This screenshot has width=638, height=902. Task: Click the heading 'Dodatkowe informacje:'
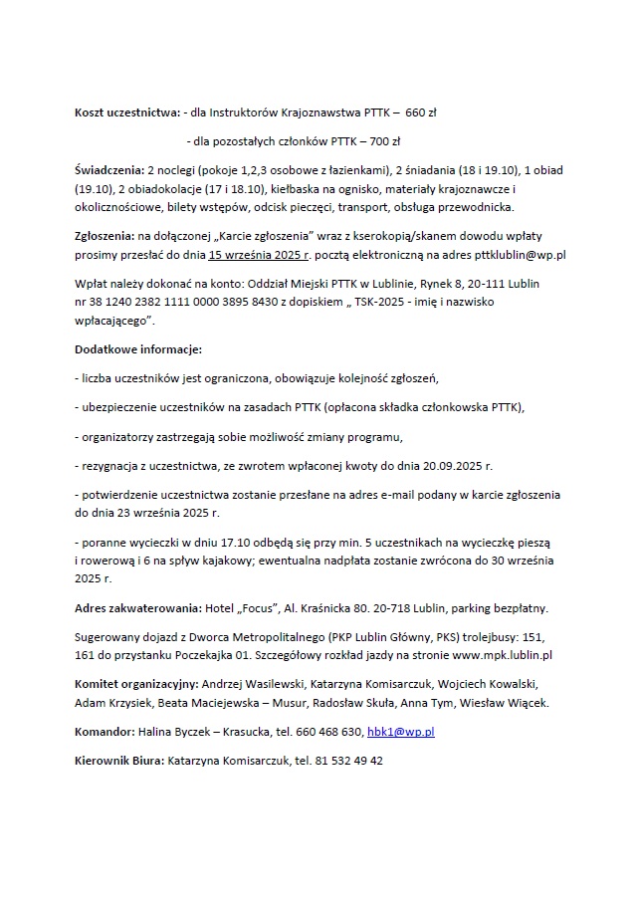138,349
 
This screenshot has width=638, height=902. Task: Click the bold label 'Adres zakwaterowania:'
137,607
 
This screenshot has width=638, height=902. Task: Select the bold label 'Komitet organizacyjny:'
136,684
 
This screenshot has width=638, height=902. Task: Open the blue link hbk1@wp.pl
401,731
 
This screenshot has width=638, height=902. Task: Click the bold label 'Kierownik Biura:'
119,760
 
